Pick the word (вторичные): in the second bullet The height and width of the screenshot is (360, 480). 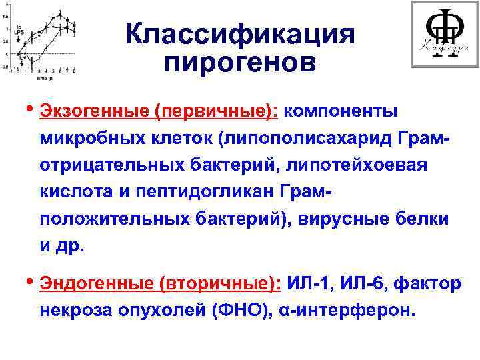(219, 284)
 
